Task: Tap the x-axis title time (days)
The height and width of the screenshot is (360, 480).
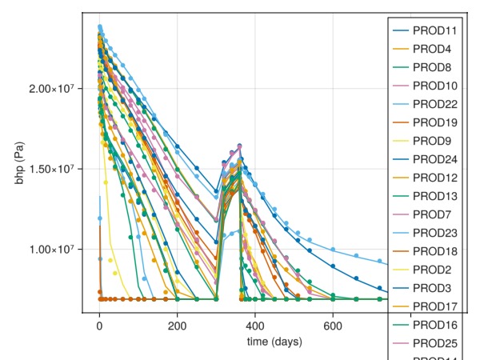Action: [274, 342]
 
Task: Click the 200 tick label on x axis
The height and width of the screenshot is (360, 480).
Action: [178, 326]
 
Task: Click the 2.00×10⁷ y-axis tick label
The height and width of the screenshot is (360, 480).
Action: [52, 88]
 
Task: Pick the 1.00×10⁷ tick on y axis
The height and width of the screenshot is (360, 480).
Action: [52, 250]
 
